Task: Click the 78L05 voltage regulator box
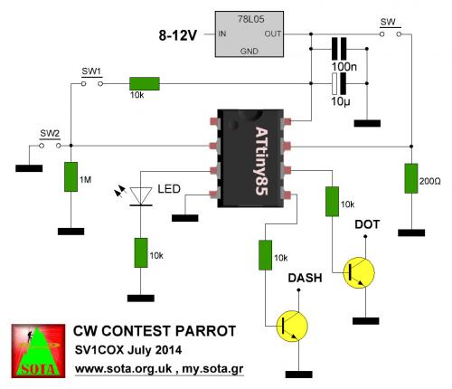click(250, 34)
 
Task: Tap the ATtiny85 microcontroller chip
click(250, 158)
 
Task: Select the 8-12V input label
click(177, 35)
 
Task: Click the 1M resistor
click(71, 176)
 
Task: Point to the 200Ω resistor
click(411, 178)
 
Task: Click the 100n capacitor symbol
click(339, 49)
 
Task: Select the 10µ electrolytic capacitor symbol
click(339, 83)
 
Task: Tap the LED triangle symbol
click(141, 196)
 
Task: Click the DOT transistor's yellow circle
click(359, 273)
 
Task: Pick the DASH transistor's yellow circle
click(292, 327)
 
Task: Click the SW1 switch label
click(91, 71)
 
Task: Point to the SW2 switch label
click(50, 133)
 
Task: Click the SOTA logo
click(38, 351)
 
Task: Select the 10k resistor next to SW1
click(145, 83)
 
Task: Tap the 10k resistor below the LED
click(141, 252)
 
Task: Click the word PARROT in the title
click(205, 331)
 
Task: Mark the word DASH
click(305, 278)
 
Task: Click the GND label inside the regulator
click(250, 52)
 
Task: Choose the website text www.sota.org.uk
click(123, 369)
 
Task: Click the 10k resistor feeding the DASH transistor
click(266, 255)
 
